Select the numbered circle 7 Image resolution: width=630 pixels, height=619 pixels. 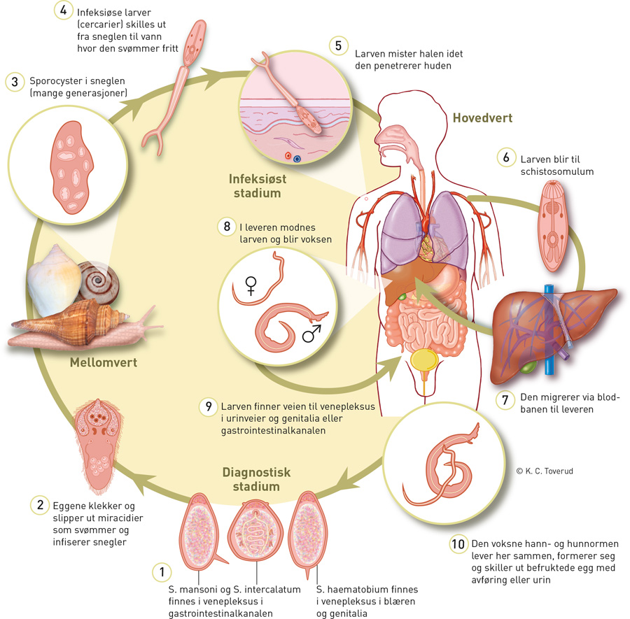point(504,400)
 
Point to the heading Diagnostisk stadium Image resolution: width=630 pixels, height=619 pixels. point(256,480)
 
